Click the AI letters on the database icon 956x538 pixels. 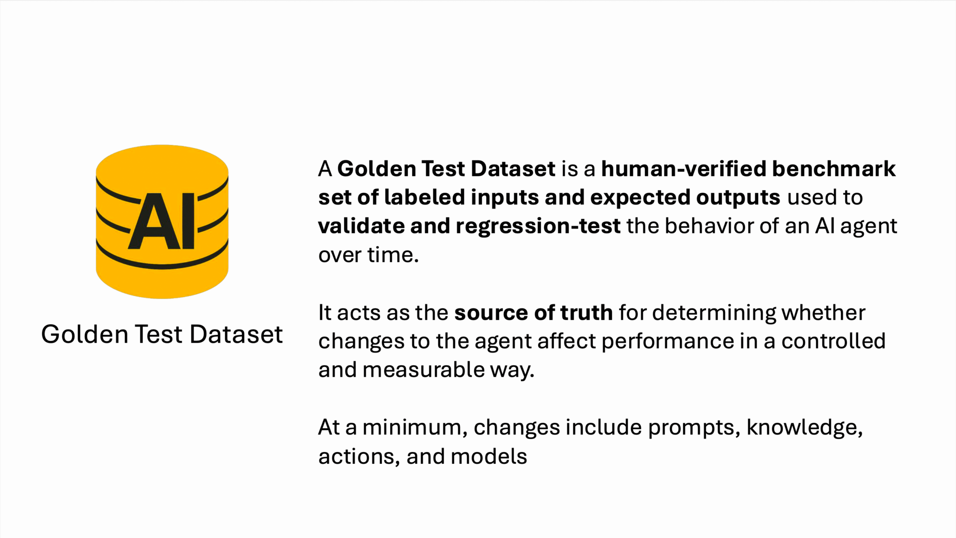[x=162, y=221]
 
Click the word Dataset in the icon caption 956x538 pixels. [x=236, y=334]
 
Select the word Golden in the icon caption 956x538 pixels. [x=85, y=334]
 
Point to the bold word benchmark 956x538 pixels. [x=834, y=169]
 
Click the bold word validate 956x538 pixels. [x=361, y=226]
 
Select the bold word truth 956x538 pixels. [x=586, y=313]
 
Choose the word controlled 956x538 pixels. [x=834, y=341]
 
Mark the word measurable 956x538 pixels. [x=424, y=370]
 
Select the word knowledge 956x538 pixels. [x=804, y=428]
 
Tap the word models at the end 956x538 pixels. [x=489, y=456]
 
